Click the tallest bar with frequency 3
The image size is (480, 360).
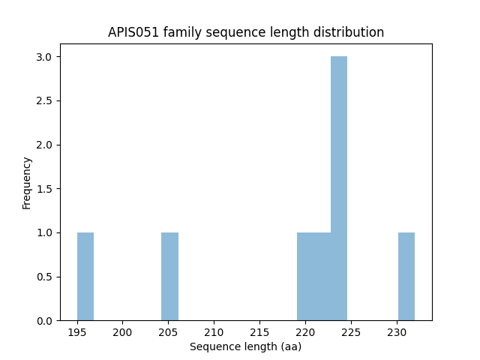(x=339, y=188)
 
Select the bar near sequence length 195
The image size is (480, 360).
(x=85, y=276)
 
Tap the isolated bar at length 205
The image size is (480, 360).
(x=169, y=276)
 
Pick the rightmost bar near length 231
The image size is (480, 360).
(x=406, y=276)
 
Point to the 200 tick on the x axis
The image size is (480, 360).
(x=123, y=331)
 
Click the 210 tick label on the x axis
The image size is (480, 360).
(x=214, y=331)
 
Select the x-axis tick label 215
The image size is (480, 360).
(x=259, y=331)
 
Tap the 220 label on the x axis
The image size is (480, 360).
(x=305, y=331)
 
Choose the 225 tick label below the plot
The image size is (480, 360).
(x=351, y=331)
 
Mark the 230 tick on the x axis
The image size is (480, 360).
(x=397, y=331)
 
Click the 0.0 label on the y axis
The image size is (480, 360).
(x=46, y=321)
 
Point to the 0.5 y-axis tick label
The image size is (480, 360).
(x=46, y=277)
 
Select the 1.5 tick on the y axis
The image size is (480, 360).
(x=46, y=189)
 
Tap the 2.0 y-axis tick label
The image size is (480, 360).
(x=46, y=145)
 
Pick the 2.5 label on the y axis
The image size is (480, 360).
(x=46, y=101)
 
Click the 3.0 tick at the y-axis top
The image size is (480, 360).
(x=46, y=57)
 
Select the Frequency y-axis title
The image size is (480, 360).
(x=27, y=182)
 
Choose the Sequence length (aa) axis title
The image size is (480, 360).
(x=245, y=346)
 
